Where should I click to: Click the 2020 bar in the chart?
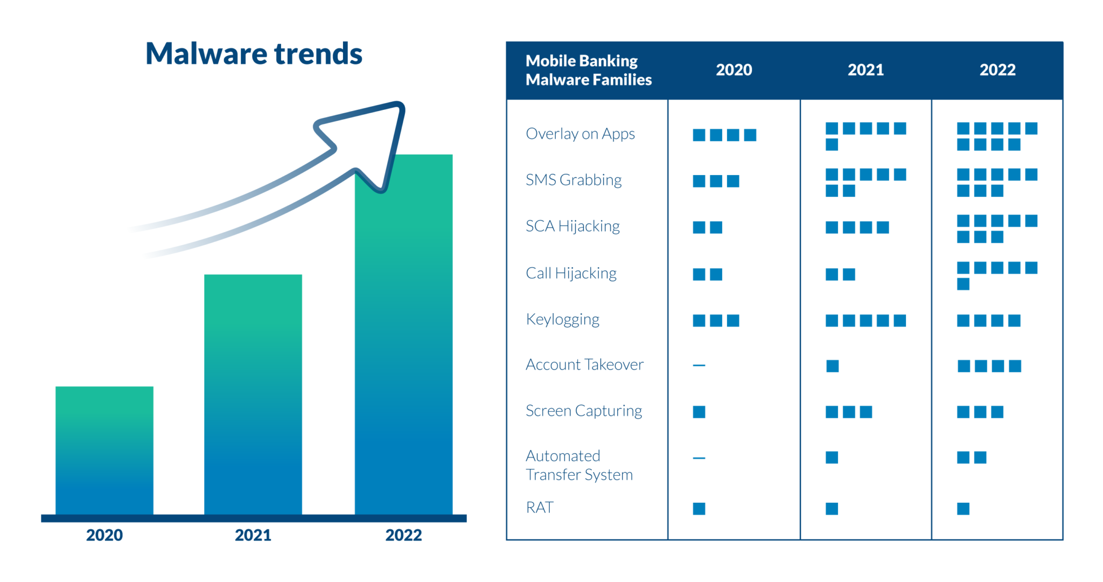point(104,450)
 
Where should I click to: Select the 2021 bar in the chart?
point(253,393)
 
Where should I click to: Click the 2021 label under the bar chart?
point(253,535)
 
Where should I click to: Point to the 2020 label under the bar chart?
point(104,535)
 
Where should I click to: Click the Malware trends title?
point(254,54)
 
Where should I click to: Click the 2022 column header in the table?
point(997,70)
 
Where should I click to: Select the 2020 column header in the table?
point(734,70)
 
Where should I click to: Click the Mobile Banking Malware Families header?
point(588,70)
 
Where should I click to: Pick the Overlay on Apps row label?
point(580,134)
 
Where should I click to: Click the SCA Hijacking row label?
point(573,226)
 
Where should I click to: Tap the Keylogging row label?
point(562,320)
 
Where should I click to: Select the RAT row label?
point(539,508)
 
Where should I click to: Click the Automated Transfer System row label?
point(579,465)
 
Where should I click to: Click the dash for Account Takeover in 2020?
point(699,365)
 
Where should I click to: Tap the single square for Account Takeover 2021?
point(832,366)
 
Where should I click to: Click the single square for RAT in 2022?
point(963,509)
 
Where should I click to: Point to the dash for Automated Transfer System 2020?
point(699,458)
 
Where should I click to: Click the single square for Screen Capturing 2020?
point(699,412)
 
